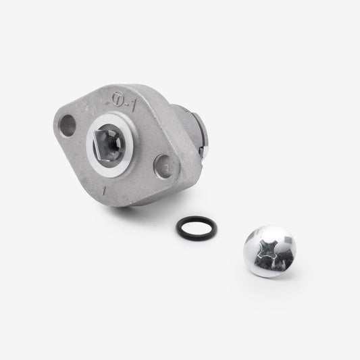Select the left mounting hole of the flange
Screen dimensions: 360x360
tap(68, 124)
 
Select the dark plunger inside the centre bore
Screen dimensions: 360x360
tap(108, 144)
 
